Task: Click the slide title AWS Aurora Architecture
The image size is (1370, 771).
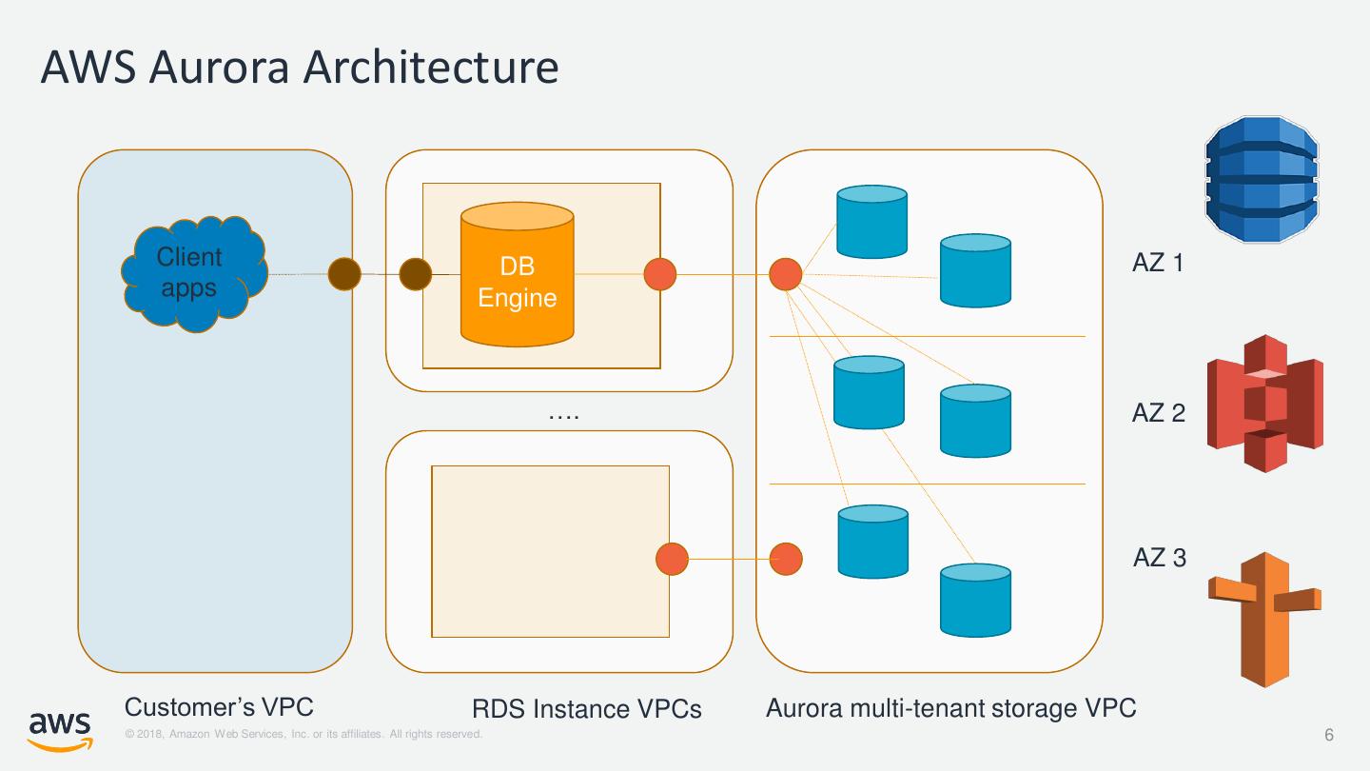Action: click(299, 68)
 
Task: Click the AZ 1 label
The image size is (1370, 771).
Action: click(1158, 263)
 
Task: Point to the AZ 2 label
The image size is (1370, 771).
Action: click(1158, 413)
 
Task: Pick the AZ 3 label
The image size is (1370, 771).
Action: click(1159, 558)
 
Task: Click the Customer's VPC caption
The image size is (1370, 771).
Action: click(219, 707)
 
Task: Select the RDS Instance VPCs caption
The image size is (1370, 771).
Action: click(586, 709)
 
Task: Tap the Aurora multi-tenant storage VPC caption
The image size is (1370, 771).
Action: click(950, 708)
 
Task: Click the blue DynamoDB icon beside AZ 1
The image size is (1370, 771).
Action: click(1262, 179)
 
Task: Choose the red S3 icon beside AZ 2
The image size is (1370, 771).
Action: click(1264, 404)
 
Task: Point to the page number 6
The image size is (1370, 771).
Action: click(1329, 735)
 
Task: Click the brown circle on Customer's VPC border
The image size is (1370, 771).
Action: click(344, 274)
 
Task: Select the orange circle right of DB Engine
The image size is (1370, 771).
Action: click(660, 274)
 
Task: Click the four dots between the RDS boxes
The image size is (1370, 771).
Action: click(564, 416)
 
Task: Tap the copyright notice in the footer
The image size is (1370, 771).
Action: click(303, 734)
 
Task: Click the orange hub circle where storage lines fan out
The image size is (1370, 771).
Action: click(786, 274)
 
